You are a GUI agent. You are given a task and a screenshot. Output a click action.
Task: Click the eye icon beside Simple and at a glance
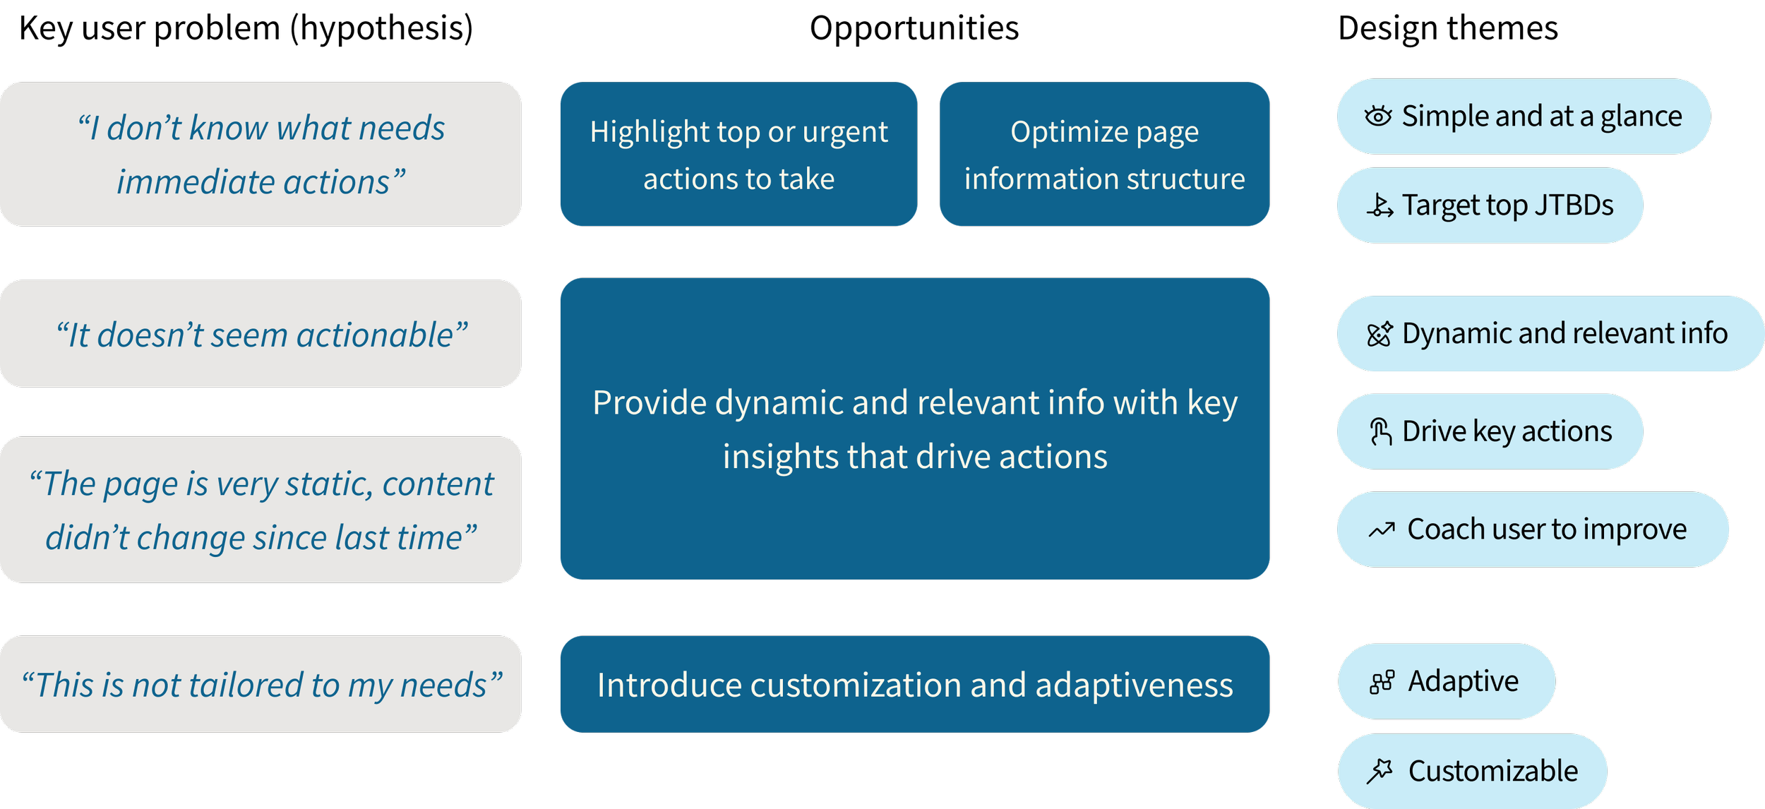(1377, 116)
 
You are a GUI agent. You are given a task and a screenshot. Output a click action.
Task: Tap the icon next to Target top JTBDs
(1380, 205)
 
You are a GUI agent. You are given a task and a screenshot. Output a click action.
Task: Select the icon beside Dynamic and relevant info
(1380, 334)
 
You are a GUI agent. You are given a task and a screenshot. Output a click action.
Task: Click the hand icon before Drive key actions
(1380, 431)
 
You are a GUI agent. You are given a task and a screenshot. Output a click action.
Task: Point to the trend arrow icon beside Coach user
(1382, 529)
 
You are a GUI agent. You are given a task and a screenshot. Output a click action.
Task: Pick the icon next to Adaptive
(1382, 682)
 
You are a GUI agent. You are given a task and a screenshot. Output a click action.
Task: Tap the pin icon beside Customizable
(1380, 771)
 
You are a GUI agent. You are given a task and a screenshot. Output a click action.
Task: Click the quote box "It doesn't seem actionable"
(261, 334)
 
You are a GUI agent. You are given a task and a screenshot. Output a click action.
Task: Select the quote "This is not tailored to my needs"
(261, 684)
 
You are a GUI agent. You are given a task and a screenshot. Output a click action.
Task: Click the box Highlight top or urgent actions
(738, 154)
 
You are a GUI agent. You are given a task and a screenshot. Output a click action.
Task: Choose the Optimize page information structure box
(1104, 154)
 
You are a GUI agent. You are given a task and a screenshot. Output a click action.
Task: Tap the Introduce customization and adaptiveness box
(914, 684)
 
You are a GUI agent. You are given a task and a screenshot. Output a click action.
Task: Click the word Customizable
(1492, 771)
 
